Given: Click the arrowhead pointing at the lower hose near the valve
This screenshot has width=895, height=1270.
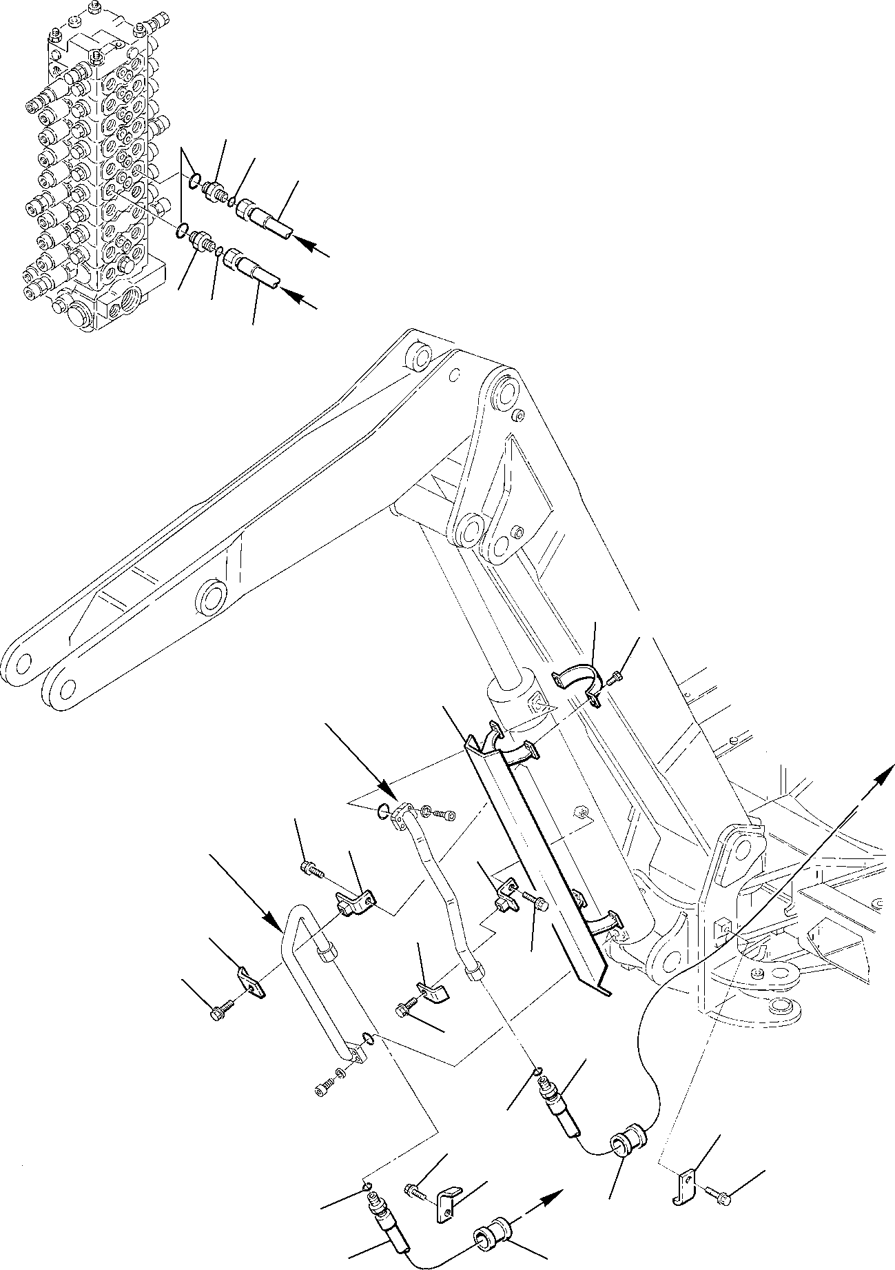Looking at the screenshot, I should coord(290,294).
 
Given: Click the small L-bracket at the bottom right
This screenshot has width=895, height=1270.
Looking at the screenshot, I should coord(683,1180).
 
